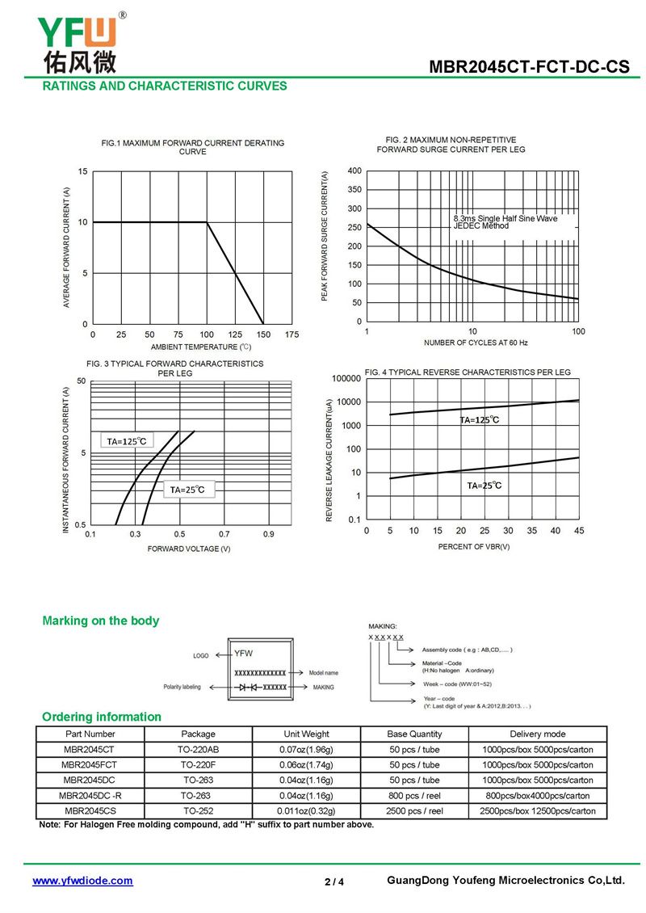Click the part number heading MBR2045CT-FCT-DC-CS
point(529,67)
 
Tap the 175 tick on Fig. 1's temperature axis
point(292,334)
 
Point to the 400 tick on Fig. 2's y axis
point(354,170)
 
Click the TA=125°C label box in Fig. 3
point(126,441)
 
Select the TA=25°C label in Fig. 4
point(484,486)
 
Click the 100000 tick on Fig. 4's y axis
point(346,378)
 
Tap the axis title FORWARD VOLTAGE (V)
point(189,549)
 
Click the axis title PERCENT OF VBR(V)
point(474,547)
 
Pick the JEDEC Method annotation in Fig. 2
point(480,226)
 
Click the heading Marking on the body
point(101,621)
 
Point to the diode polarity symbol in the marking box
point(247,688)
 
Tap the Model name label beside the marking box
point(324,673)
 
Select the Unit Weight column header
point(306,734)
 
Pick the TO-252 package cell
point(198,811)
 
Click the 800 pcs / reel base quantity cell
point(414,796)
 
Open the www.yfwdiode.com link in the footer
point(82,881)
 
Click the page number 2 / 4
point(334,882)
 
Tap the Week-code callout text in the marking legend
point(457,684)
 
